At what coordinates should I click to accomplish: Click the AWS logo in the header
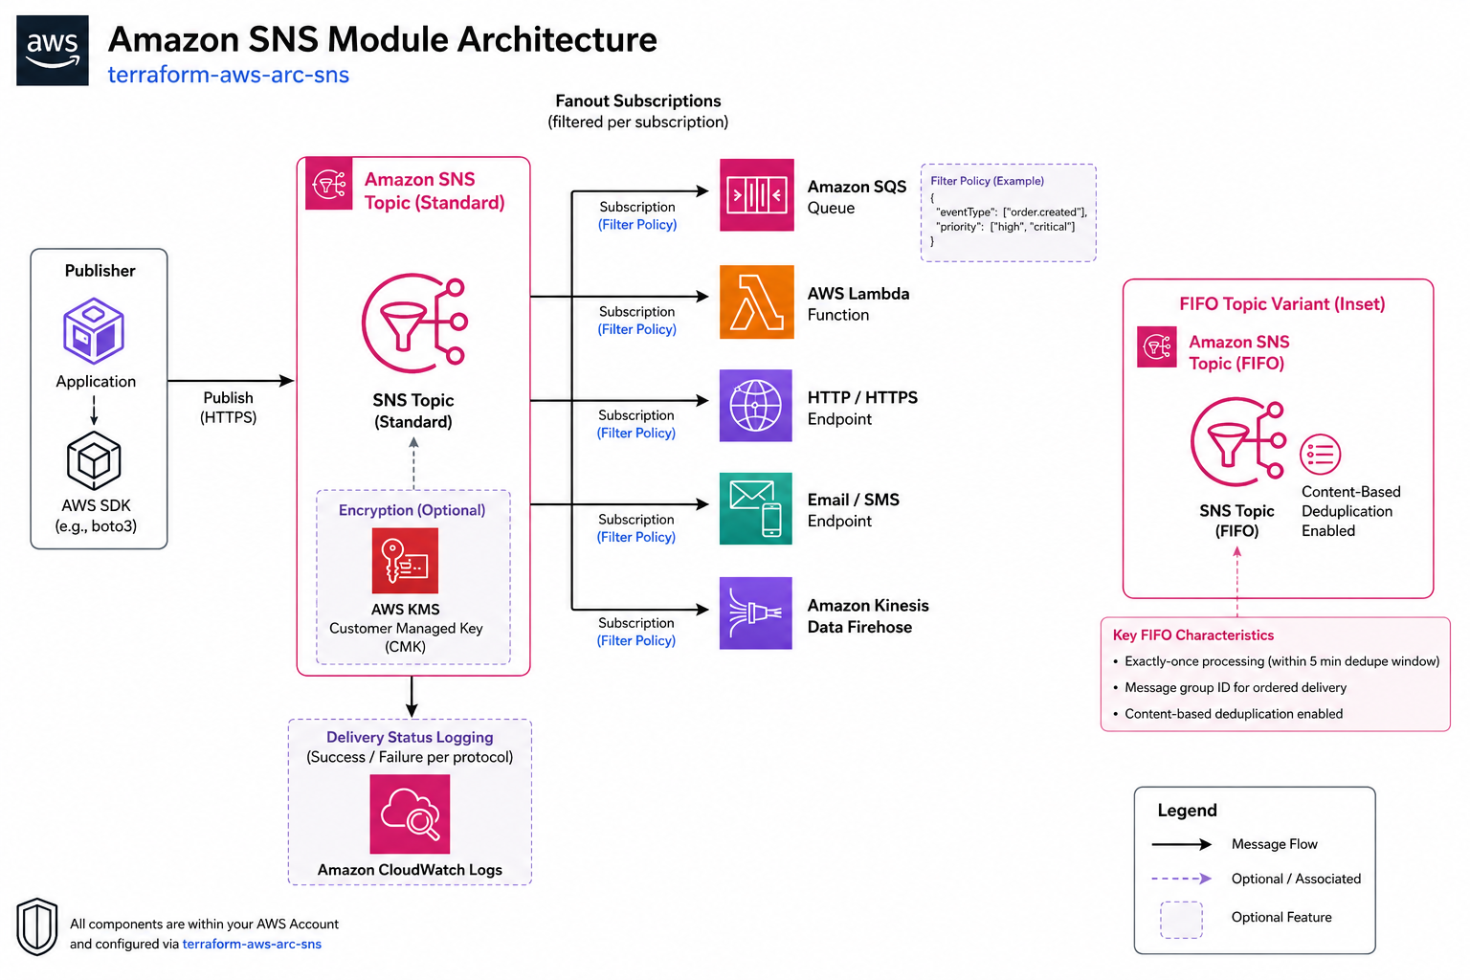pos(53,51)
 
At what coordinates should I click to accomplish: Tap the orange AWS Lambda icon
pos(757,301)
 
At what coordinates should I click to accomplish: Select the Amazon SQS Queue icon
pos(757,195)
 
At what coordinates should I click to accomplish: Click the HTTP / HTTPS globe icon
pos(756,406)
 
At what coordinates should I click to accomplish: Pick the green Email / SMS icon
pos(756,509)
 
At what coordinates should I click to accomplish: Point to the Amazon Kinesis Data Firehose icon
pos(756,613)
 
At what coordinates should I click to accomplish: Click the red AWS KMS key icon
pos(405,561)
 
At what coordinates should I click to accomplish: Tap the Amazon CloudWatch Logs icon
pos(411,813)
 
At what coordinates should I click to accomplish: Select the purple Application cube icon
pos(94,331)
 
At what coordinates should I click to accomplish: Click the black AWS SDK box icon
pos(94,460)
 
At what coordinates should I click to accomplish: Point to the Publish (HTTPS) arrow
pos(231,381)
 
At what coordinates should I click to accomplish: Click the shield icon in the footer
pos(36,926)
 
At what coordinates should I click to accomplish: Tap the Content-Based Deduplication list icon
pos(1321,455)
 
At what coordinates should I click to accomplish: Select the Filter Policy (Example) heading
pos(987,181)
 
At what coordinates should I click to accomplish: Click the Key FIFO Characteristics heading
pos(1193,635)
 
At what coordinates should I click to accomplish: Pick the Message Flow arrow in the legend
pos(1182,844)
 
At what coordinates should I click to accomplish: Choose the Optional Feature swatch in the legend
pos(1181,920)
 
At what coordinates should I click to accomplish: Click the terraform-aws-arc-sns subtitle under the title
pos(229,75)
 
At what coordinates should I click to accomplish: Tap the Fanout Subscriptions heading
pos(638,100)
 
